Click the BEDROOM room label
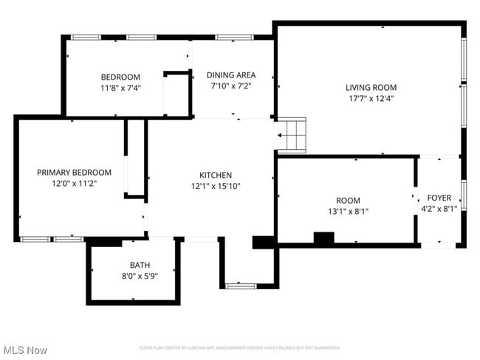tap(120, 77)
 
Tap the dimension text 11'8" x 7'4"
tap(120, 87)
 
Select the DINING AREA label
tap(231, 75)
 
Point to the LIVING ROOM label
tap(371, 87)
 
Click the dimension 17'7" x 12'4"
tap(371, 98)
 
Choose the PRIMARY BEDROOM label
tap(74, 172)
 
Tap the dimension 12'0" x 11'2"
tap(74, 182)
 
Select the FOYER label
tap(439, 198)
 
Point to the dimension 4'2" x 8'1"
tap(439, 208)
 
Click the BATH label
tap(140, 265)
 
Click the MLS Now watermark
tap(25, 349)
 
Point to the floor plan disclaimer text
tap(240, 347)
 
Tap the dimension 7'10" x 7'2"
tap(231, 86)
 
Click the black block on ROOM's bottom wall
tap(323, 238)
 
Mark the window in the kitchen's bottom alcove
tap(241, 285)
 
